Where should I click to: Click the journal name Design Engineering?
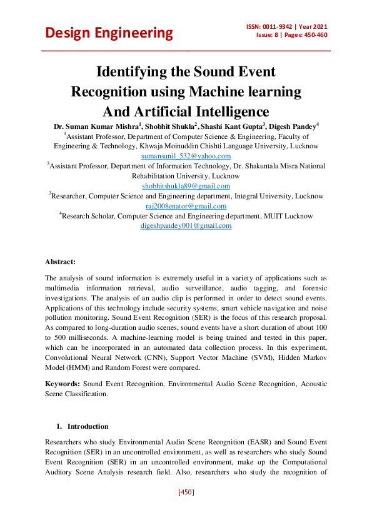pos(109,33)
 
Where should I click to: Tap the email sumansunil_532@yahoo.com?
pos(186,156)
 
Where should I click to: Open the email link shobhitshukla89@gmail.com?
pos(186,186)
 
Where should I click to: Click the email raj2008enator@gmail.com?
pos(186,206)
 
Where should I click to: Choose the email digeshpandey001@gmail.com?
pos(186,225)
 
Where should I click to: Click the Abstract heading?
pos(60,261)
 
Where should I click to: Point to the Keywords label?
pos(63,382)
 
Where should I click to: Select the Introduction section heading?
pos(88,426)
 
